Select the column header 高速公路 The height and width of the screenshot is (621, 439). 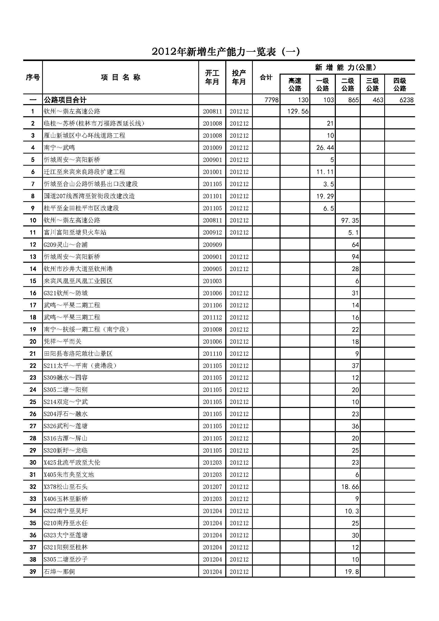pos(295,84)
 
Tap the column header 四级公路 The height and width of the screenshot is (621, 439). pos(399,84)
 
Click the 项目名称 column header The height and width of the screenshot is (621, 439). pos(120,78)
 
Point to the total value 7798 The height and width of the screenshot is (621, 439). pos(271,100)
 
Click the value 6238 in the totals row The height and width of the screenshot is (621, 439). pos(406,100)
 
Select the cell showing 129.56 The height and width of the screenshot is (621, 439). pos(298,111)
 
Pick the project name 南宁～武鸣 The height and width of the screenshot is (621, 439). pos(60,148)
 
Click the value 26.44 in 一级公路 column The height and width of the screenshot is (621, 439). pos(325,148)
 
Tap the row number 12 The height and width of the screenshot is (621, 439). pos(33,245)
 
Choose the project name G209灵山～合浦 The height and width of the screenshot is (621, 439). pos(66,245)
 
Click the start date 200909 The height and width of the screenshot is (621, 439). pos(212,245)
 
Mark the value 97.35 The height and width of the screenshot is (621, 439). pos(350,220)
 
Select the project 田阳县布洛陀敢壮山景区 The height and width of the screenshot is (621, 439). pos(78,354)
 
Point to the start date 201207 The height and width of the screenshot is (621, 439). pos(212,487)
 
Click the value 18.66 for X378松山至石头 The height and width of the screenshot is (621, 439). pos(350,487)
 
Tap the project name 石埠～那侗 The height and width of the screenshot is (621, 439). pos(59,572)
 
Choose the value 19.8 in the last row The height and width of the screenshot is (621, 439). pos(352,572)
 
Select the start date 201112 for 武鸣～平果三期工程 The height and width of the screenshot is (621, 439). pos(212,317)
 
